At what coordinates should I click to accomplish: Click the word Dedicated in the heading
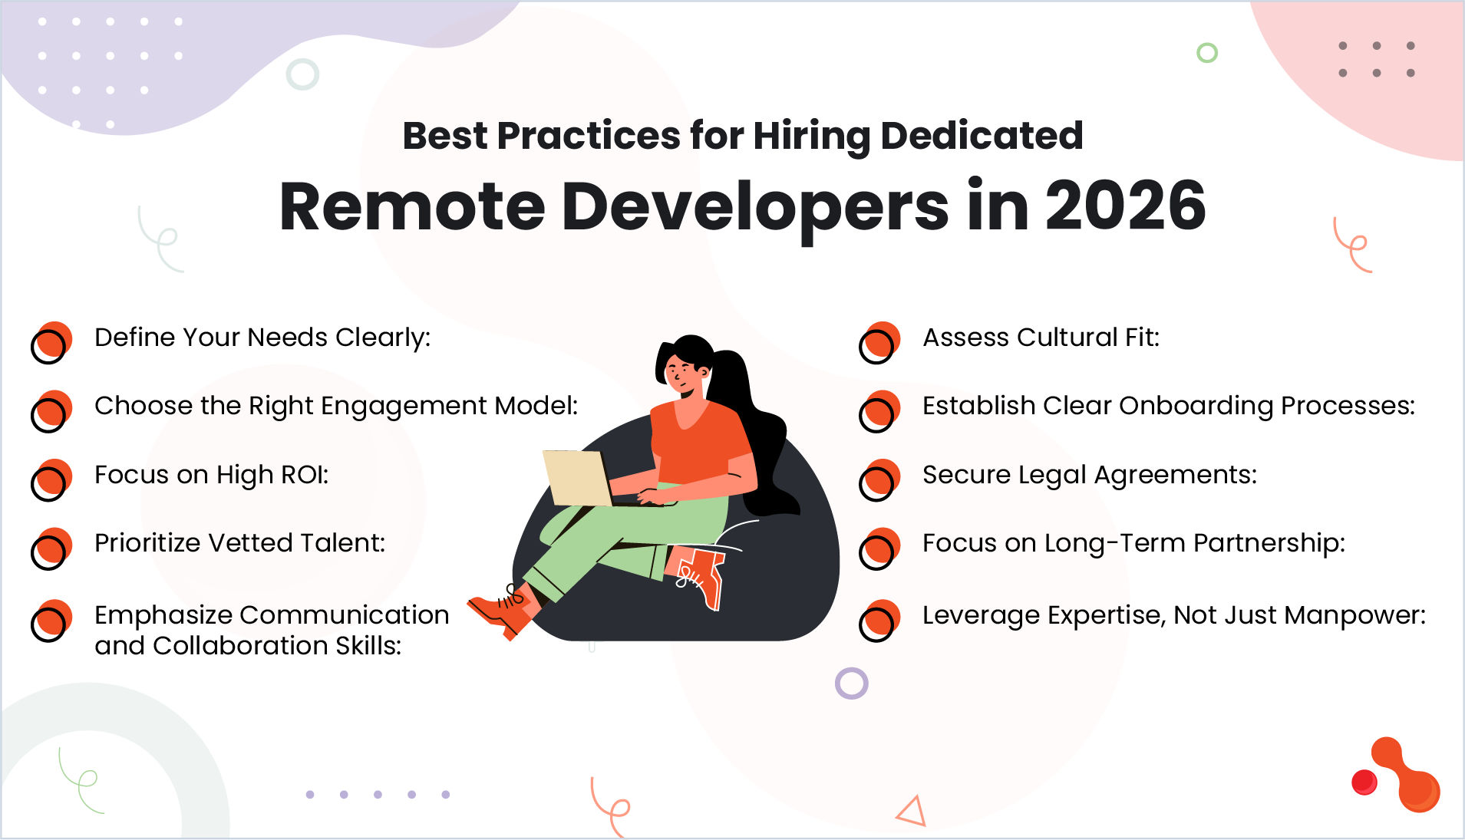pos(982,136)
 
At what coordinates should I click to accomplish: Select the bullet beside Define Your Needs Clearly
pos(51,342)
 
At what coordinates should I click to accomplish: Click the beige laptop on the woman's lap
pos(576,478)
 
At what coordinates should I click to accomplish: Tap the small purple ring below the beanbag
pos(851,683)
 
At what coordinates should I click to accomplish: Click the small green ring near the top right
pos(1207,53)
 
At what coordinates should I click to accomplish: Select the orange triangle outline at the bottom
pos(913,812)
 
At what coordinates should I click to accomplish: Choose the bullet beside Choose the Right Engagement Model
pos(51,411)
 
